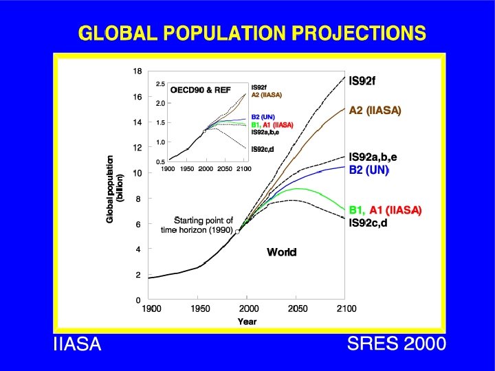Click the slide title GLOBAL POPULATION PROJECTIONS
coord(252,32)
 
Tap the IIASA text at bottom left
coord(77,345)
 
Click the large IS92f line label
coord(362,81)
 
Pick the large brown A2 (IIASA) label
coord(375,110)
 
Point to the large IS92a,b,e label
coord(373,157)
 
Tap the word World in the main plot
coord(282,252)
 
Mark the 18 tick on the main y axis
coord(137,71)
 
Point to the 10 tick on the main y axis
coord(137,173)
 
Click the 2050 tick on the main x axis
coord(298,309)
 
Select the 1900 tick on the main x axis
coord(151,309)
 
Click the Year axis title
coord(247,322)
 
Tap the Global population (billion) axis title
coord(114,188)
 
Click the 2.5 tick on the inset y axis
coord(160,84)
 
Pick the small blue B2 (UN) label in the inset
coord(263,117)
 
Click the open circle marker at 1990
coord(237,232)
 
